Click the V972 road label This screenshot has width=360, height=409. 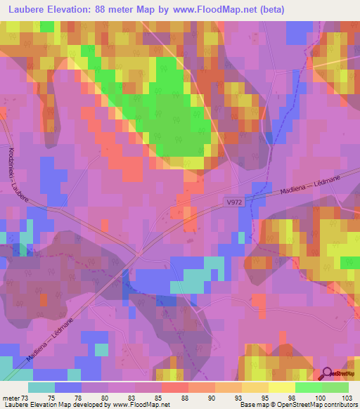click(235, 202)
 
